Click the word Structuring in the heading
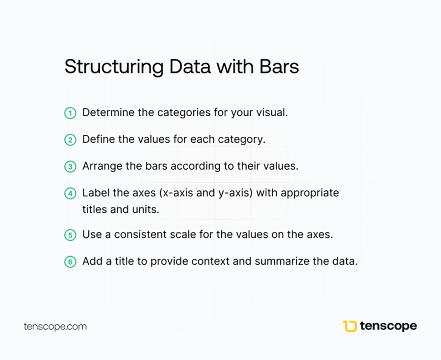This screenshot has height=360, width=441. (x=114, y=67)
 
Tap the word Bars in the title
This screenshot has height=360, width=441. (x=279, y=67)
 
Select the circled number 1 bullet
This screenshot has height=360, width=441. (x=70, y=113)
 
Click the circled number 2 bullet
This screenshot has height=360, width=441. (x=70, y=140)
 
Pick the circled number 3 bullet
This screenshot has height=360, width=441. (x=70, y=166)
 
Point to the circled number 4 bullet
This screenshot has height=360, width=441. (x=70, y=193)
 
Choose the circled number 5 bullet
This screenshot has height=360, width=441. (x=70, y=235)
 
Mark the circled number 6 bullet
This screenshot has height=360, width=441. (x=70, y=262)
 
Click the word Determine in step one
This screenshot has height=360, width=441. (x=108, y=112)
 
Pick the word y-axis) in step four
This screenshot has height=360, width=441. (x=235, y=193)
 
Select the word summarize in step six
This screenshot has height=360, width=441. (x=282, y=261)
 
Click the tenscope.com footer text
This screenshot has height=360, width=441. (x=55, y=327)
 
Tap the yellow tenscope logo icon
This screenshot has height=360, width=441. (x=350, y=326)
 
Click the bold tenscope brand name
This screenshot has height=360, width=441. (x=389, y=326)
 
